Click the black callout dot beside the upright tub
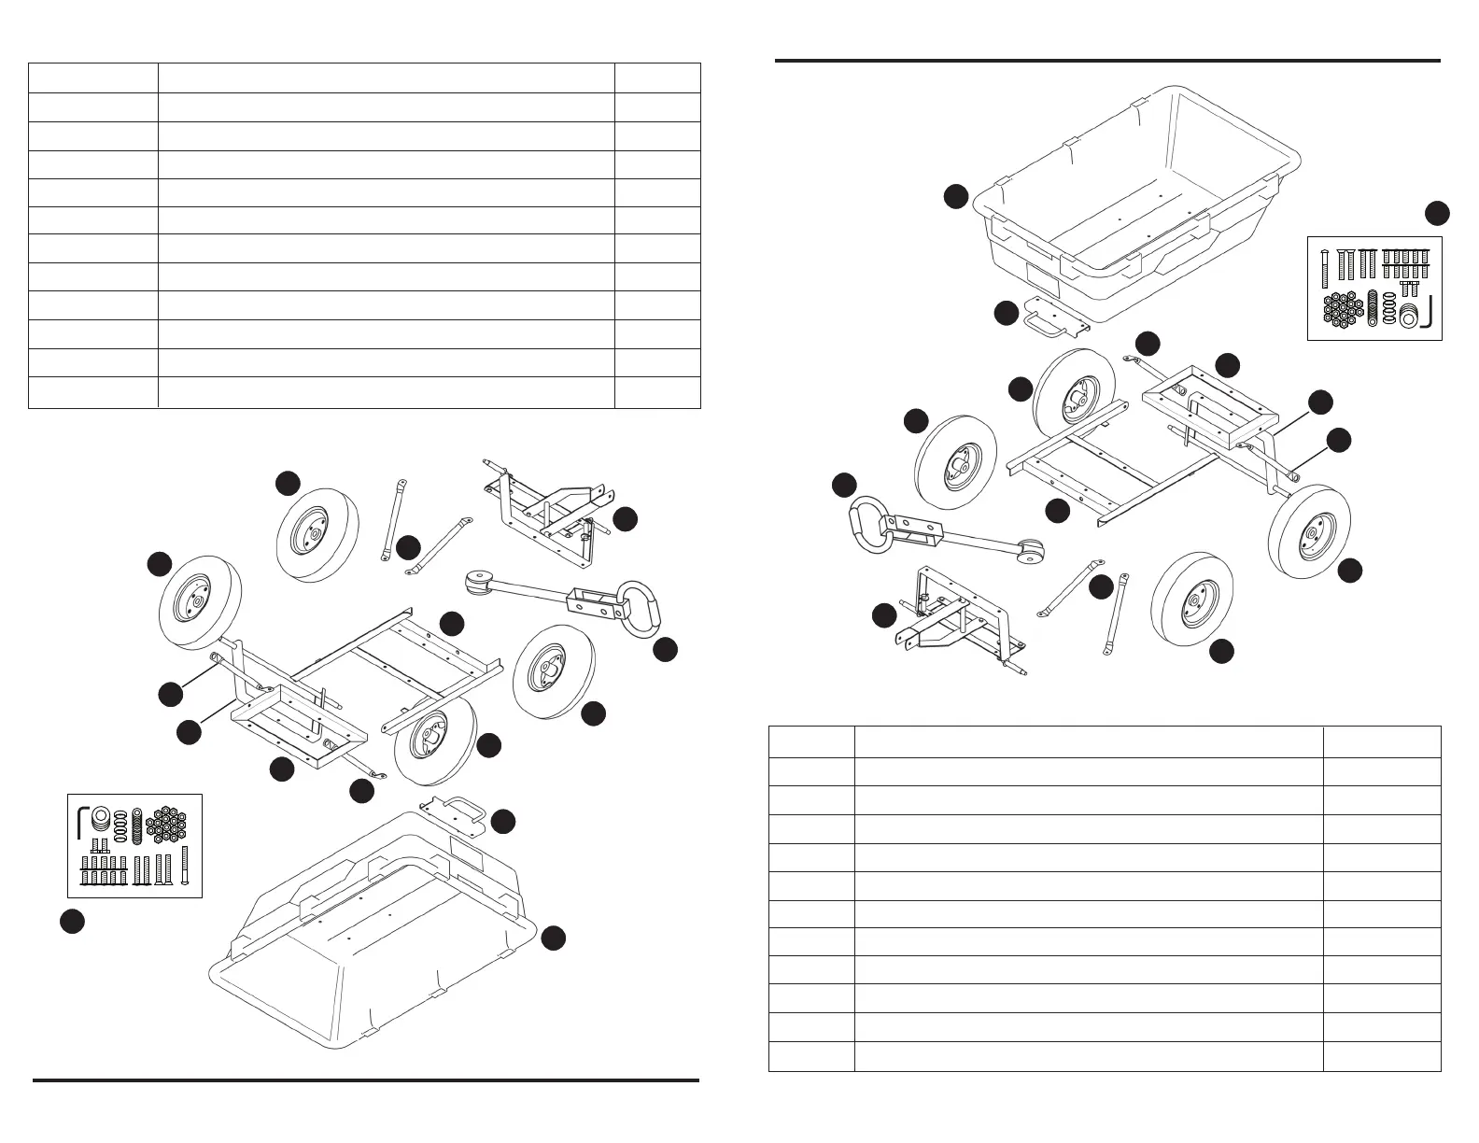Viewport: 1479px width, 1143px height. click(954, 197)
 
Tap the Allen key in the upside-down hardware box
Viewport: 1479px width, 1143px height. click(82, 821)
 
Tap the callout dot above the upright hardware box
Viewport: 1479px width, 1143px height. click(1437, 213)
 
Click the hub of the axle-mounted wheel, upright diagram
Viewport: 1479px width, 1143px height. click(1310, 533)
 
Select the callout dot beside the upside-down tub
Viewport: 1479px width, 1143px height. click(554, 938)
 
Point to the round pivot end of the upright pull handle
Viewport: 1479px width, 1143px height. click(1030, 554)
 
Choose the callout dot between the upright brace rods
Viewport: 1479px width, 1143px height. click(1102, 586)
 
